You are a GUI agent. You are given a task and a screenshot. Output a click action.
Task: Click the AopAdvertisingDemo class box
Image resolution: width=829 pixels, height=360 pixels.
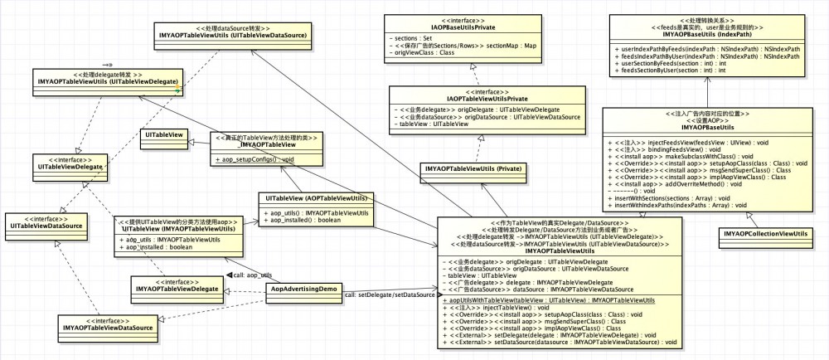(304, 289)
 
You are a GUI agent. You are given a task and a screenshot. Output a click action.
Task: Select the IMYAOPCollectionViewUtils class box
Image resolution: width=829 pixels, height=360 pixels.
(765, 236)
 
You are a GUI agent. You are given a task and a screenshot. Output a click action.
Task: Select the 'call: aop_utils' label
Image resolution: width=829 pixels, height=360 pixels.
(253, 275)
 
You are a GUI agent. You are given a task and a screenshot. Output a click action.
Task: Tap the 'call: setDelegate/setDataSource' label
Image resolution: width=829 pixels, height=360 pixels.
(389, 294)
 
